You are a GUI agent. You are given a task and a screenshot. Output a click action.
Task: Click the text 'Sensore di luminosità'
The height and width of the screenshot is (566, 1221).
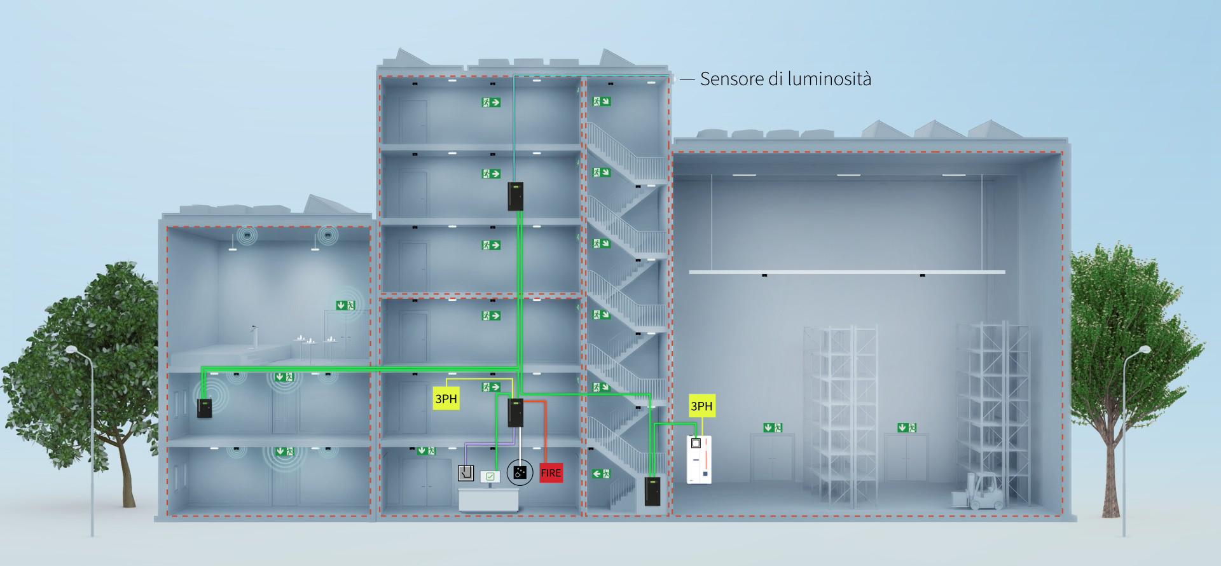coord(785,79)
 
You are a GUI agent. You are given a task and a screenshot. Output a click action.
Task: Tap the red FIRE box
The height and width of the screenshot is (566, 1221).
coord(551,473)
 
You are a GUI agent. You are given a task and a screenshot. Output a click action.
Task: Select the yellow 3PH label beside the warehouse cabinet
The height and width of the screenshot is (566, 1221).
coord(701,406)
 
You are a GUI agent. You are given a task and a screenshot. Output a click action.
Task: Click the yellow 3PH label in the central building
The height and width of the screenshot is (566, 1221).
coord(446,399)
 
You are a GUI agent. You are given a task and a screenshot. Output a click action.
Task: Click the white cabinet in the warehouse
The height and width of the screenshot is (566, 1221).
coord(699,459)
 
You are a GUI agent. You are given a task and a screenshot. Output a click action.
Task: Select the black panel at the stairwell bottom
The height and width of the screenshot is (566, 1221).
coord(652,491)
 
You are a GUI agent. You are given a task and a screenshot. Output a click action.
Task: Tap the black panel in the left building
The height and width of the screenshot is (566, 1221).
coord(204,408)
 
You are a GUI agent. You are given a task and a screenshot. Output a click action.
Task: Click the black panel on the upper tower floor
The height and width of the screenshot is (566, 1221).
coord(515,197)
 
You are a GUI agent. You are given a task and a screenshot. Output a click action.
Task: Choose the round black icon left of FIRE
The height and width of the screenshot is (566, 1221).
coord(520,473)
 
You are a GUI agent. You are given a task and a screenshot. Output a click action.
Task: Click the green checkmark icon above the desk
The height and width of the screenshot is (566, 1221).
coord(490,476)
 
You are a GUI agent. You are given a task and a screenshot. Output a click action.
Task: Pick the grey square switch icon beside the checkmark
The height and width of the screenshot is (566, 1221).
coord(466,473)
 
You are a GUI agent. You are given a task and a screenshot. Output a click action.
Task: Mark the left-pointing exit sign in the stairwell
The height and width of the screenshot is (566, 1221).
coord(601,474)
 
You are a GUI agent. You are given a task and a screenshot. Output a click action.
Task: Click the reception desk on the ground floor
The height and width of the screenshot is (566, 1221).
coord(488,499)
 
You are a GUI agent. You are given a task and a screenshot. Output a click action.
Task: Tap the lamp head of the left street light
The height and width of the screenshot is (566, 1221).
coord(71,349)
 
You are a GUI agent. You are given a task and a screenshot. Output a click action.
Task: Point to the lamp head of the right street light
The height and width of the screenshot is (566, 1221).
coord(1145,349)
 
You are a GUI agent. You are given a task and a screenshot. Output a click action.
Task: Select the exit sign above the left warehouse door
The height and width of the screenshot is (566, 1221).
coord(773,427)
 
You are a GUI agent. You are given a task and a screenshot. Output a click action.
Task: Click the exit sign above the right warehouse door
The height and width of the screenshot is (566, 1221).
coord(907,427)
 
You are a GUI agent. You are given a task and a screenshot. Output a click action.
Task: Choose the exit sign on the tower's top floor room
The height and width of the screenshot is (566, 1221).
coord(490,102)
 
